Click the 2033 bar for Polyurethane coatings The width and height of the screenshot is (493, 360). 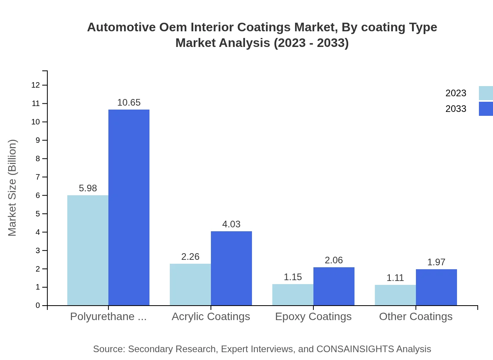pyautogui.click(x=129, y=207)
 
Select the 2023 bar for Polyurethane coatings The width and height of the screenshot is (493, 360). pyautogui.click(x=88, y=250)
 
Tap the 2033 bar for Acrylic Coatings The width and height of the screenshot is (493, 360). pyautogui.click(x=231, y=268)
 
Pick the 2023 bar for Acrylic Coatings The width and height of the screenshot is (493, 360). pyautogui.click(x=190, y=284)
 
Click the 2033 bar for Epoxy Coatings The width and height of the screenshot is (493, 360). pyautogui.click(x=334, y=286)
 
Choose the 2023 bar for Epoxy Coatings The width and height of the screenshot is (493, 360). pyautogui.click(x=293, y=295)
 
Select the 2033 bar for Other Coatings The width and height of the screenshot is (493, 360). pyautogui.click(x=436, y=287)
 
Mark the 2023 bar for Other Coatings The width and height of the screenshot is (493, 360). pyautogui.click(x=395, y=295)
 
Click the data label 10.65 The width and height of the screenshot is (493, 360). pyautogui.click(x=129, y=103)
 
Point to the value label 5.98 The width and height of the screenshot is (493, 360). pyautogui.click(x=88, y=188)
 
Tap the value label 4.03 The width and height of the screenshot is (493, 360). pyautogui.click(x=231, y=224)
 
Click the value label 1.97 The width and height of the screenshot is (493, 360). pyautogui.click(x=436, y=262)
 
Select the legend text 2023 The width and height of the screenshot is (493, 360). pyautogui.click(x=456, y=93)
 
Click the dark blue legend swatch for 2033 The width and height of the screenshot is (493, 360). pyautogui.click(x=486, y=109)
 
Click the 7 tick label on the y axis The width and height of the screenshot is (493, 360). pyautogui.click(x=38, y=177)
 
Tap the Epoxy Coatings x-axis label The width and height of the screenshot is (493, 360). pyautogui.click(x=313, y=316)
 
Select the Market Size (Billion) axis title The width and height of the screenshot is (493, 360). pyautogui.click(x=12, y=188)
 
